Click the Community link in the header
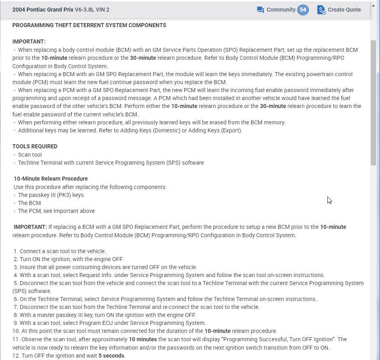point(281,10)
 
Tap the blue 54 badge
point(303,10)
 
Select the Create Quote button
point(344,10)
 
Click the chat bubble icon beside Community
point(260,10)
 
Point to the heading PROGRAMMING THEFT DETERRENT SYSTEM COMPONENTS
point(89,25)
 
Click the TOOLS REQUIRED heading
point(35,146)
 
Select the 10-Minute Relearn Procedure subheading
point(51,179)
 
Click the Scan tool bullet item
point(30,155)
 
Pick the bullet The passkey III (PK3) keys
point(51,195)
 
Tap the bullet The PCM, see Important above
point(56,211)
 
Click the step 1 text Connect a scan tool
point(63,251)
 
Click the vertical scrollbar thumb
point(374,102)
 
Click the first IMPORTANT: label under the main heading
point(29,41)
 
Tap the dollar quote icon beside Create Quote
point(321,10)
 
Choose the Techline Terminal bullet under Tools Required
point(111,163)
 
